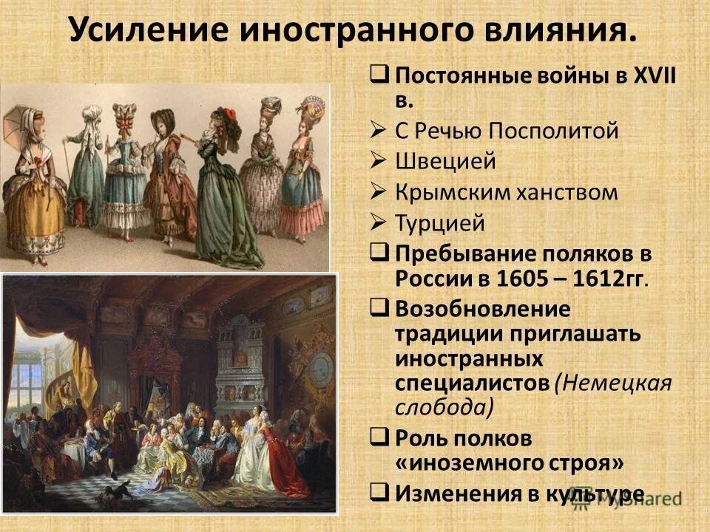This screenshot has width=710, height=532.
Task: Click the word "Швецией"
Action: click(435, 162)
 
